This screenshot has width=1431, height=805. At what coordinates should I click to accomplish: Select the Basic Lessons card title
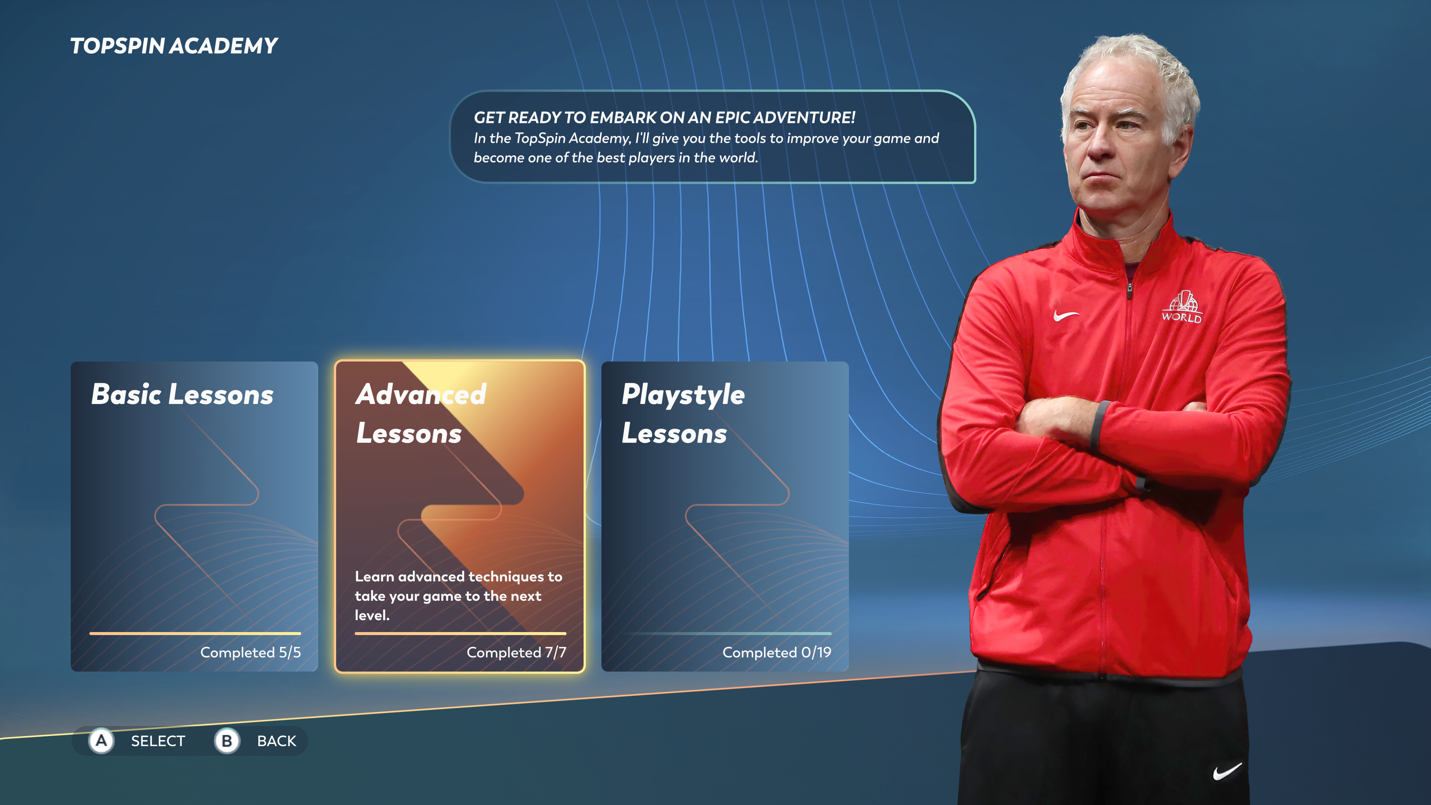pyautogui.click(x=182, y=394)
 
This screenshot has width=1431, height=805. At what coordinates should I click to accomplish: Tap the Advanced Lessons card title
pyautogui.click(x=421, y=414)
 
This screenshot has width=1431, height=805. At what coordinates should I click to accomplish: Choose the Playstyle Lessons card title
pyautogui.click(x=683, y=414)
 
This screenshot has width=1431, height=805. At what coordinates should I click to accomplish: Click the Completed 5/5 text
pyautogui.click(x=250, y=652)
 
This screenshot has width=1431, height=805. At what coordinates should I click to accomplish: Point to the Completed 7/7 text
pyautogui.click(x=516, y=652)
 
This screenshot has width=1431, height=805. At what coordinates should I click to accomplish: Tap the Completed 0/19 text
pyautogui.click(x=777, y=652)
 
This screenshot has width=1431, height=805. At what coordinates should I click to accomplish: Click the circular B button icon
pyautogui.click(x=227, y=741)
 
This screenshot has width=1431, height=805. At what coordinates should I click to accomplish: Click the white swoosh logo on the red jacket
pyautogui.click(x=1065, y=316)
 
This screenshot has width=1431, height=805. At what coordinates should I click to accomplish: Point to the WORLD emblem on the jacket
pyautogui.click(x=1182, y=307)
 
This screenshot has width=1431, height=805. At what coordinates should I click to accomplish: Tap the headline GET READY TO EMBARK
pyautogui.click(x=664, y=118)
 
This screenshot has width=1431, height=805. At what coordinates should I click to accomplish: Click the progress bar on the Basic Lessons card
pyautogui.click(x=195, y=633)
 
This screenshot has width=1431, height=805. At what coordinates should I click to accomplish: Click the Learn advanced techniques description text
pyautogui.click(x=458, y=596)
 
